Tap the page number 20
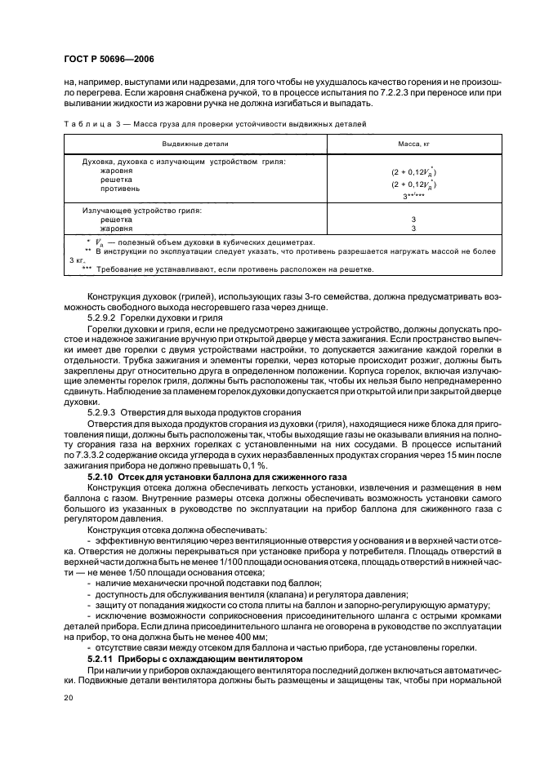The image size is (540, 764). [x=67, y=699]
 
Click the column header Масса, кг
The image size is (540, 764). [x=413, y=143]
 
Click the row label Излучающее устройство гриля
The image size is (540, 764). [x=142, y=211]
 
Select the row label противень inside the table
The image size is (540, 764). [x=119, y=188]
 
